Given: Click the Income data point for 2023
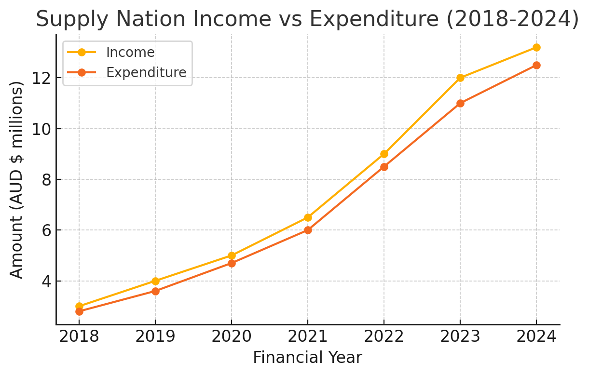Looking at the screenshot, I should [x=460, y=78].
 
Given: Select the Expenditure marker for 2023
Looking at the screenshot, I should [x=460, y=103].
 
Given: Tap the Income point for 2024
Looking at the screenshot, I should [x=536, y=47].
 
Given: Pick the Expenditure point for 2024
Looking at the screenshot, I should [x=536, y=65].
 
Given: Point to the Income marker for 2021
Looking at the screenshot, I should [x=308, y=217].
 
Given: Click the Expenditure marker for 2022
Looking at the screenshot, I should [x=384, y=167].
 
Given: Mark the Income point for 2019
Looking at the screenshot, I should [x=155, y=281].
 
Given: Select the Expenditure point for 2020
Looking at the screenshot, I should [x=232, y=263].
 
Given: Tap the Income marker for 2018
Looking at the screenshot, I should [x=79, y=307].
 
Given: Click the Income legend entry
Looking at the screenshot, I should [x=130, y=52].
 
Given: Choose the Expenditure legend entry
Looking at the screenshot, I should [x=146, y=72].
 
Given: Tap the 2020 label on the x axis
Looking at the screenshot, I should [x=232, y=336].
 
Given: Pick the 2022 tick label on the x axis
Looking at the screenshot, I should [x=384, y=336].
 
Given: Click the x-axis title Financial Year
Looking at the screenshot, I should [x=307, y=358].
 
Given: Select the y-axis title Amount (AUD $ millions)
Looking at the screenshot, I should [x=16, y=179].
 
